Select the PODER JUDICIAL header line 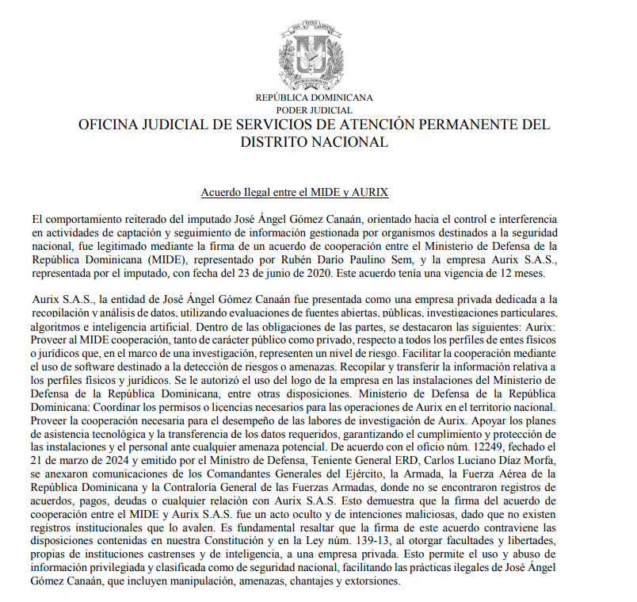(314, 109)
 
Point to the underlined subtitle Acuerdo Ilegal (294, 194)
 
